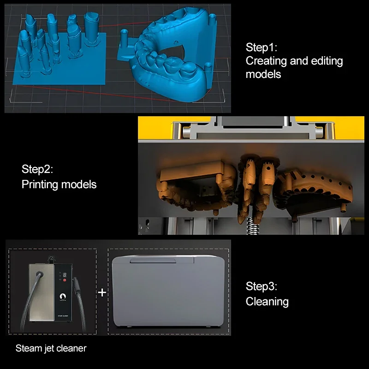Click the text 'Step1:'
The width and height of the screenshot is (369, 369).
pos(261,48)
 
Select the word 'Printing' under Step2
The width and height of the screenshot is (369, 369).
pos(40,184)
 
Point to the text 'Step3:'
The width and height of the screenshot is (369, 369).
pos(261,286)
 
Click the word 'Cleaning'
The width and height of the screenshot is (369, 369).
pos(267,302)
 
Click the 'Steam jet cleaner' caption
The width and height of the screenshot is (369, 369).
pos(51,348)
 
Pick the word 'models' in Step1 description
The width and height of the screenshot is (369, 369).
pos(263,74)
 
